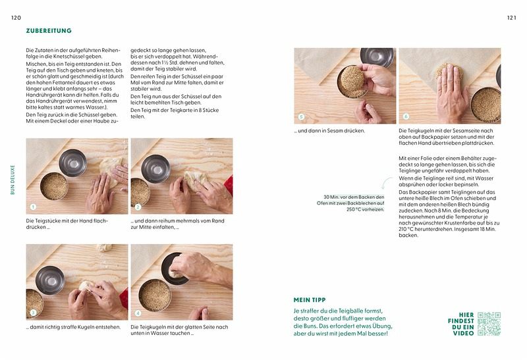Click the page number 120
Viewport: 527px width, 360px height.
(x=16, y=18)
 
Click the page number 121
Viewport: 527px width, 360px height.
(x=511, y=18)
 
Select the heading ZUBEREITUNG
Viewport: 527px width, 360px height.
(x=49, y=30)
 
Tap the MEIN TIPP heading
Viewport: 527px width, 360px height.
(x=310, y=300)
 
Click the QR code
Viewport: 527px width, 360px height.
(x=489, y=324)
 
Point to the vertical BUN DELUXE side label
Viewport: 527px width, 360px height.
(x=13, y=179)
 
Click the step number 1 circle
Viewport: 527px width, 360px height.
(x=33, y=207)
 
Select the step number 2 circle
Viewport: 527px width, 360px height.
(x=138, y=207)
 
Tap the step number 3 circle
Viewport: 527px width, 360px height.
(x=33, y=313)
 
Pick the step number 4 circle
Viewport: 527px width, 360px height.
(x=138, y=313)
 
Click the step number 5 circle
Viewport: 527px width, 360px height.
(x=301, y=117)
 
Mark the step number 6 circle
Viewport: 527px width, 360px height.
(x=406, y=116)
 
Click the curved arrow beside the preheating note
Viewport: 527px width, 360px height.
(x=387, y=183)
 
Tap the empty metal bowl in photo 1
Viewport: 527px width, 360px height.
(x=73, y=163)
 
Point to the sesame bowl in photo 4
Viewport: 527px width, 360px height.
(x=155, y=296)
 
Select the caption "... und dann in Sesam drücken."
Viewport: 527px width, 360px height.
(x=329, y=130)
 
